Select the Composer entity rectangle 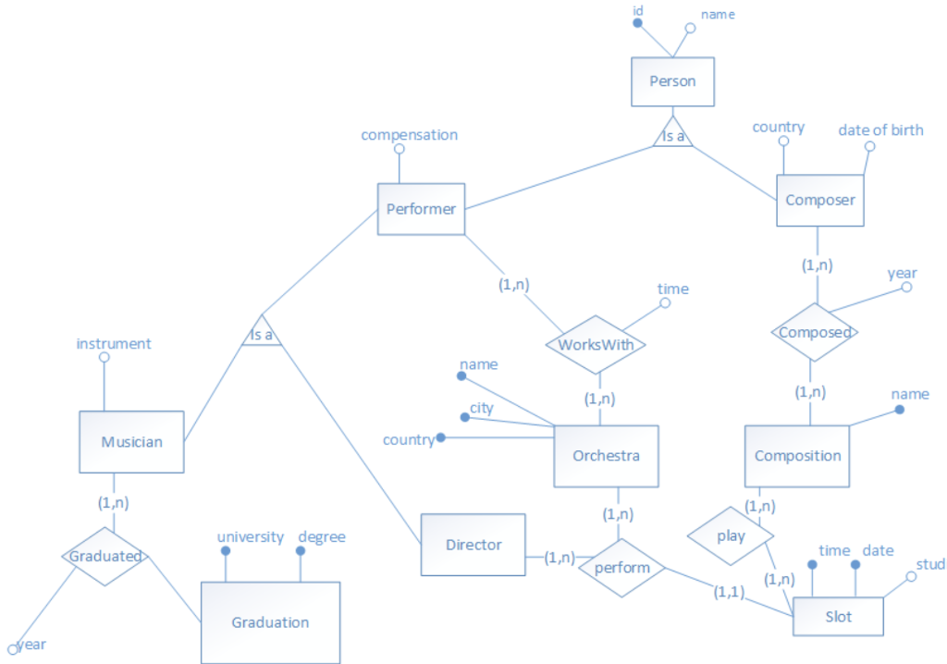819,201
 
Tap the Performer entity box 421,209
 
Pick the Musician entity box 131,442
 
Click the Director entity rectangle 473,545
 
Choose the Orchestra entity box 606,456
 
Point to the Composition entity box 797,456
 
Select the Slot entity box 838,617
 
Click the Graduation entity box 270,622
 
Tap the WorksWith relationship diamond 595,345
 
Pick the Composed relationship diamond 815,332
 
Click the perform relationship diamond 621,568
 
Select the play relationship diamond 730,535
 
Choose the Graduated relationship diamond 105,557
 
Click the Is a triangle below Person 672,135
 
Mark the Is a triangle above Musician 262,333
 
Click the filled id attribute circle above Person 637,23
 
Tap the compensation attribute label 409,135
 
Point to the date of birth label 880,130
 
